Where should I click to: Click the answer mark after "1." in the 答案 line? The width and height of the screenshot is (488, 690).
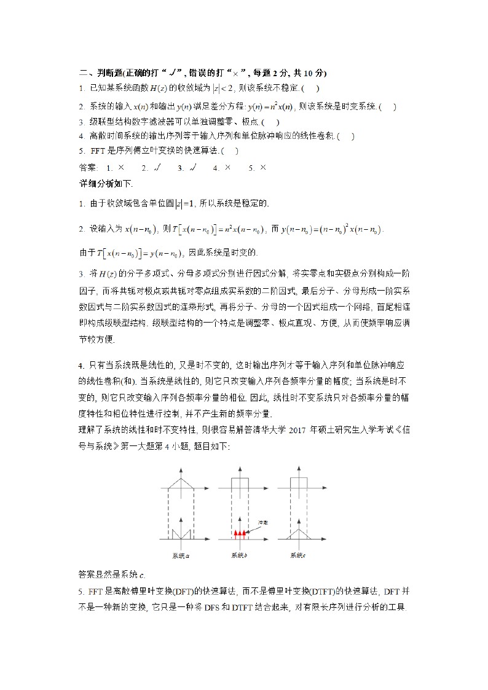click(121, 167)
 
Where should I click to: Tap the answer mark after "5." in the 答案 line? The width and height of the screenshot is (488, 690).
click(263, 167)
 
